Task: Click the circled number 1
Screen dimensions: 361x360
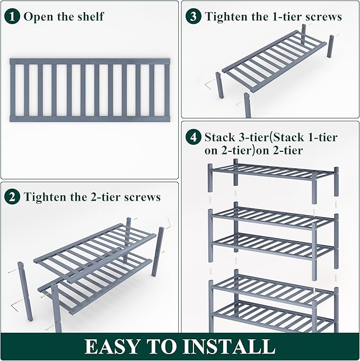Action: tap(13, 16)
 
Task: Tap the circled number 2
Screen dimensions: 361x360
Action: tap(13, 197)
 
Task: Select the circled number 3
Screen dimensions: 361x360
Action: tap(194, 16)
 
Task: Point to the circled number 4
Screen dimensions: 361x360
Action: tap(194, 137)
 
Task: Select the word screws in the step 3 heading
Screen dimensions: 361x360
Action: tap(323, 16)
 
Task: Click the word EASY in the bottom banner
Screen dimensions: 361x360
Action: tap(115, 347)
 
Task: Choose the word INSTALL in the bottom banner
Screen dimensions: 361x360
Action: tap(231, 347)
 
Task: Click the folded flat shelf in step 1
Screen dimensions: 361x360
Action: tap(90, 90)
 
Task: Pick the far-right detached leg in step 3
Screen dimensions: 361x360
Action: tap(331, 47)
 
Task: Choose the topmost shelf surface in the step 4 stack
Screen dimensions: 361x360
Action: tap(273, 172)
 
